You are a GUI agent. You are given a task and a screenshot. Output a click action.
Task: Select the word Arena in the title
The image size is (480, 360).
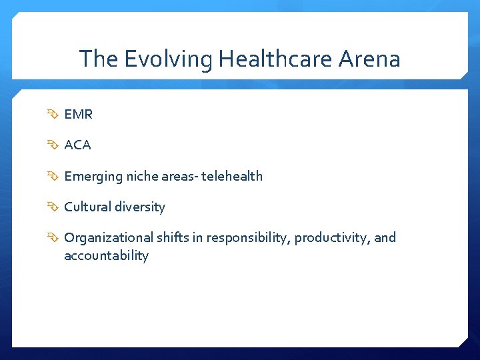tap(369, 59)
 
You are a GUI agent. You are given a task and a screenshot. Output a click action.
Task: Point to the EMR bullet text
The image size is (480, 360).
tap(78, 115)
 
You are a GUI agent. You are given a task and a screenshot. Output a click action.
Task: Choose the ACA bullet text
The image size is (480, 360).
tap(77, 145)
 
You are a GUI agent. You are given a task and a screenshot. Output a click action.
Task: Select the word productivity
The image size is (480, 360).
tap(332, 238)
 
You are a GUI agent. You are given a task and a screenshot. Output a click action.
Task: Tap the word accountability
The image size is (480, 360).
tap(106, 256)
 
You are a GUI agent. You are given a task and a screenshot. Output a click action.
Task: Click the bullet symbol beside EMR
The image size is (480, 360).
tap(53, 115)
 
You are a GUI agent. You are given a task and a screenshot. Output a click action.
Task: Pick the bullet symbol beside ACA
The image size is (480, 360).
tap(53, 145)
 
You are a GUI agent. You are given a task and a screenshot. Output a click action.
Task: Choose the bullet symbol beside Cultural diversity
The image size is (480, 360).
tap(53, 207)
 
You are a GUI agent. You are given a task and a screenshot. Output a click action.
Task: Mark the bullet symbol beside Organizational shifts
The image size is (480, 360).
tap(53, 238)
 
